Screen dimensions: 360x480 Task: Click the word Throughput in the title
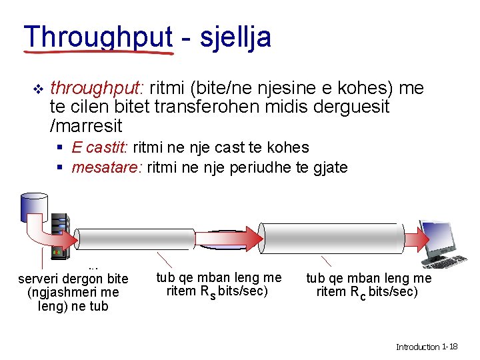point(98,37)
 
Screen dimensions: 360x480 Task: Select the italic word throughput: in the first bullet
point(97,88)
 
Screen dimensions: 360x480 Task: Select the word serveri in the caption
point(39,279)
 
